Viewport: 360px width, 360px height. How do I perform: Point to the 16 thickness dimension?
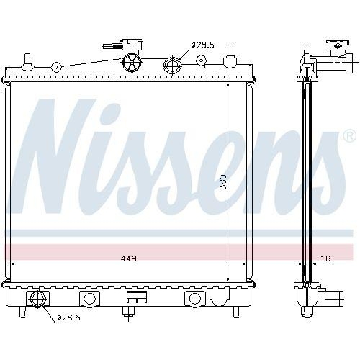(326, 258)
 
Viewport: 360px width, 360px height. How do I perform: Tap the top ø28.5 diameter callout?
(202, 45)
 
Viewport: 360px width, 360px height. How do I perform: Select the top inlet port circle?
(174, 65)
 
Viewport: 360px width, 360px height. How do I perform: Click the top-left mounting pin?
(27, 60)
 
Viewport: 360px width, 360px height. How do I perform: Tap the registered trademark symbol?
(348, 135)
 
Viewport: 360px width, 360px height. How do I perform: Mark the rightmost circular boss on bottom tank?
(194, 298)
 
